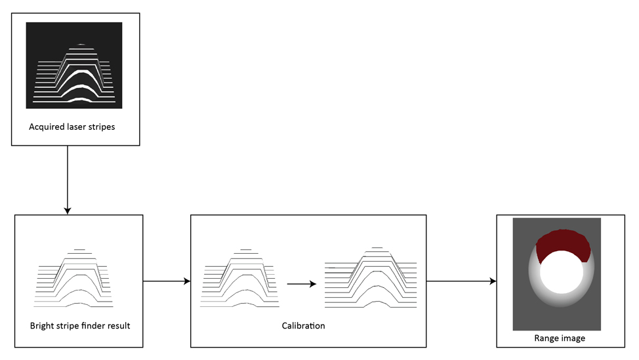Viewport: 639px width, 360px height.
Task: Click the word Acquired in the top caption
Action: (46, 127)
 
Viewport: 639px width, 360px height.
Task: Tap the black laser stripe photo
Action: (74, 65)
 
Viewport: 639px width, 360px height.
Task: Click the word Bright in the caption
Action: (41, 325)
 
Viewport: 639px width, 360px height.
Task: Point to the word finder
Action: (96, 325)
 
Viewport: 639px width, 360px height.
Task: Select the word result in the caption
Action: (127, 325)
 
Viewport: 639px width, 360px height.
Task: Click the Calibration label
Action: (303, 325)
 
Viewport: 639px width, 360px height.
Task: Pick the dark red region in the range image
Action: (563, 246)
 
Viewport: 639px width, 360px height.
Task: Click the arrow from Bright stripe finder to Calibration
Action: (166, 281)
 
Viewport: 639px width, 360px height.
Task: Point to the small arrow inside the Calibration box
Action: (301, 284)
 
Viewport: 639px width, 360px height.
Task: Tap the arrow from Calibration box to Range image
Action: (461, 281)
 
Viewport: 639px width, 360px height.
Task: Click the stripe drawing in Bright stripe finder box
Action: (75, 278)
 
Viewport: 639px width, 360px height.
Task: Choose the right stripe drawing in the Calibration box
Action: (371, 278)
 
